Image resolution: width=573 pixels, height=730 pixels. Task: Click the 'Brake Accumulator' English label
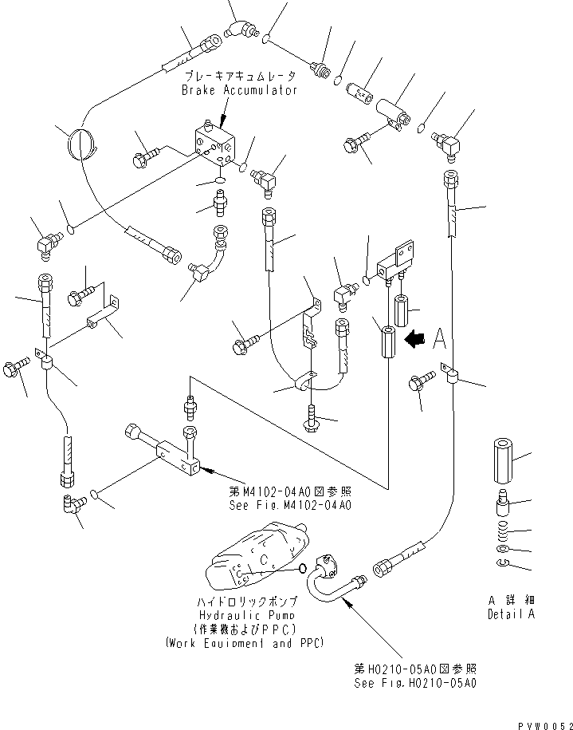click(x=238, y=90)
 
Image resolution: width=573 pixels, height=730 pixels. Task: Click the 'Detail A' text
click(x=511, y=614)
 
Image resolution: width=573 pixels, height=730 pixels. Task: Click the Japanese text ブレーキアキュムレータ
click(x=239, y=77)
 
